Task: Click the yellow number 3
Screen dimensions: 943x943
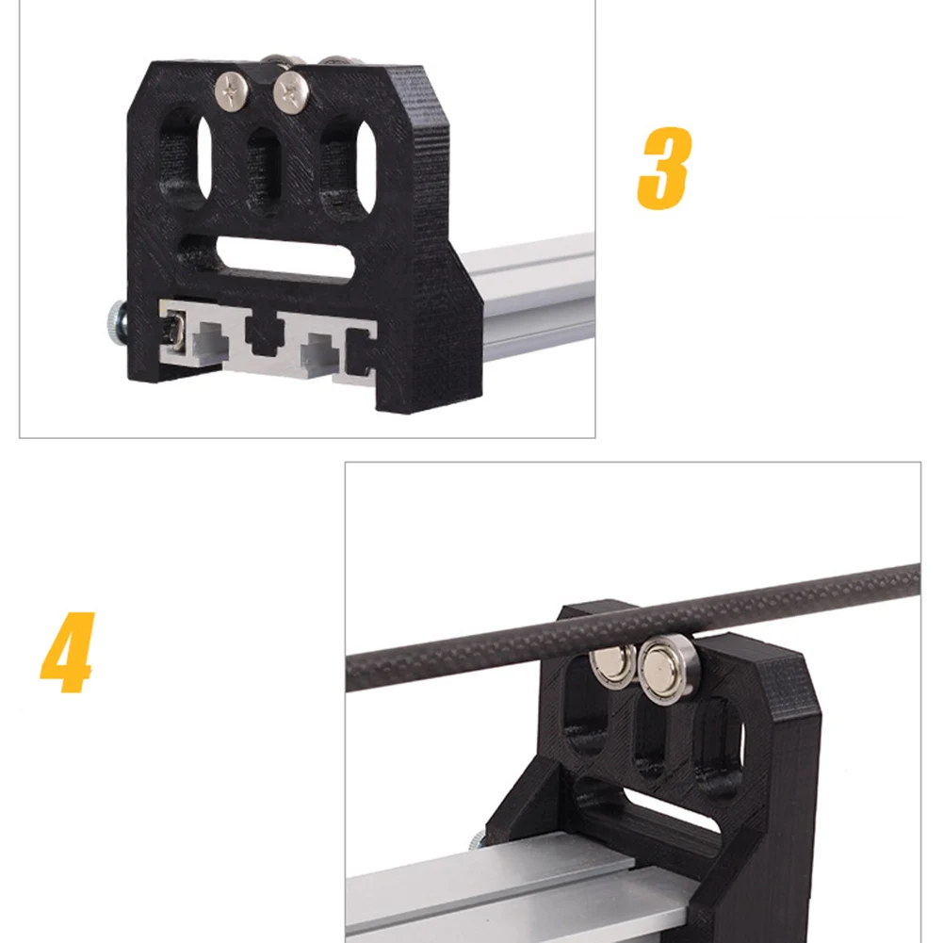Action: (663, 168)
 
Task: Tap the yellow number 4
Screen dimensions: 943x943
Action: (67, 653)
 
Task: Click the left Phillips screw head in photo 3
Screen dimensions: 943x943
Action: (232, 90)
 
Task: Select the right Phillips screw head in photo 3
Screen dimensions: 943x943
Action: (291, 92)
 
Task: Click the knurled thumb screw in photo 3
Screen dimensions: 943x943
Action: (117, 325)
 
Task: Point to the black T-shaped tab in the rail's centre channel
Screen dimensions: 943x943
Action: (264, 333)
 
